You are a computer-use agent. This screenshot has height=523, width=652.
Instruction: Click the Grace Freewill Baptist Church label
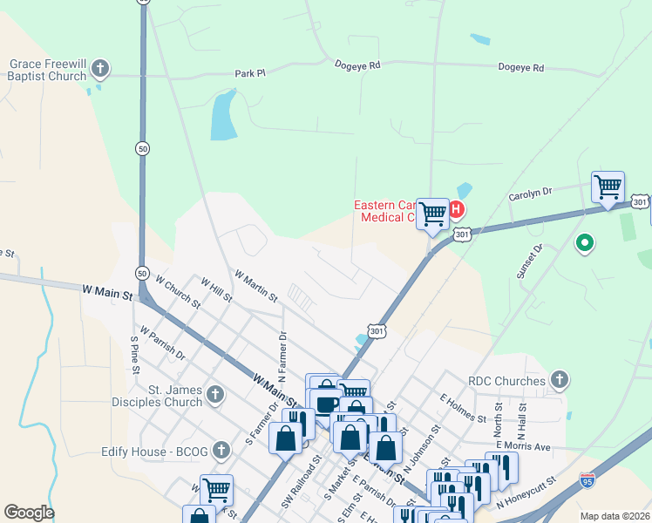click(x=48, y=70)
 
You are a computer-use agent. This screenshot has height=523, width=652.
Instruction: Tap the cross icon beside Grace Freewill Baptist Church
click(x=100, y=67)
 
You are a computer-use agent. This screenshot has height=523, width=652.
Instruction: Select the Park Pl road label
click(x=249, y=74)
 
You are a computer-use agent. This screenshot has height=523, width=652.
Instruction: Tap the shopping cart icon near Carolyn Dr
click(x=608, y=187)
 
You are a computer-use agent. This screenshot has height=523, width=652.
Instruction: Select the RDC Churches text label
click(x=506, y=380)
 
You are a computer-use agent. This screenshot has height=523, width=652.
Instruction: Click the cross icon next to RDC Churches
click(x=560, y=379)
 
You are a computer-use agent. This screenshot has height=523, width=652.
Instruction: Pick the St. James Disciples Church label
click(x=163, y=396)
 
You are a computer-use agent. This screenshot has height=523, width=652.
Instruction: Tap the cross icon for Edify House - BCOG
click(x=222, y=450)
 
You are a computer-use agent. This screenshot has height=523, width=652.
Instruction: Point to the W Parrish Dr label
click(x=162, y=344)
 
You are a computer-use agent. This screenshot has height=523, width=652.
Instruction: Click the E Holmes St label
click(x=463, y=406)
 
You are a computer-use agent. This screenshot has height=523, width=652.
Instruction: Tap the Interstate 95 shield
click(x=588, y=481)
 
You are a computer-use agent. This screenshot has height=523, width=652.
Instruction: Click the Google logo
click(x=29, y=513)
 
